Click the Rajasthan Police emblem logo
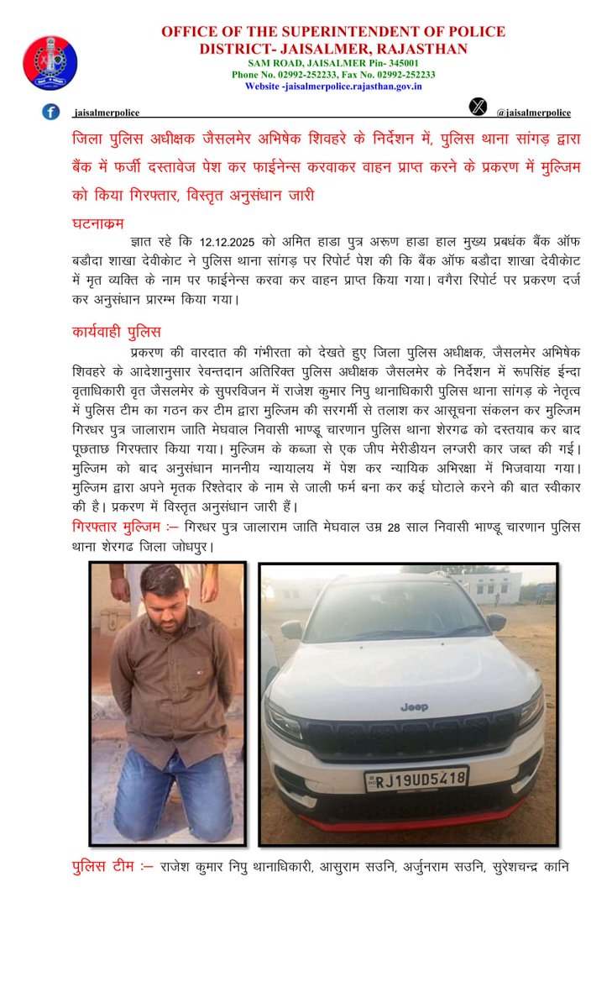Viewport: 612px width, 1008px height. pyautogui.click(x=50, y=63)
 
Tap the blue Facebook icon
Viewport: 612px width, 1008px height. pyautogui.click(x=51, y=111)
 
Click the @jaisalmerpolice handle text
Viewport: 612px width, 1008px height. pyautogui.click(x=533, y=113)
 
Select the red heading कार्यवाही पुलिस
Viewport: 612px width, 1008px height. pyautogui.click(x=116, y=332)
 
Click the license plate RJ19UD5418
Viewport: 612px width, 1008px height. pyautogui.click(x=416, y=779)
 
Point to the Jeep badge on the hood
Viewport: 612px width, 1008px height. pyautogui.click(x=414, y=707)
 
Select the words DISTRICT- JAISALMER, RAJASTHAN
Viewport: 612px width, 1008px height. pyautogui.click(x=333, y=49)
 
